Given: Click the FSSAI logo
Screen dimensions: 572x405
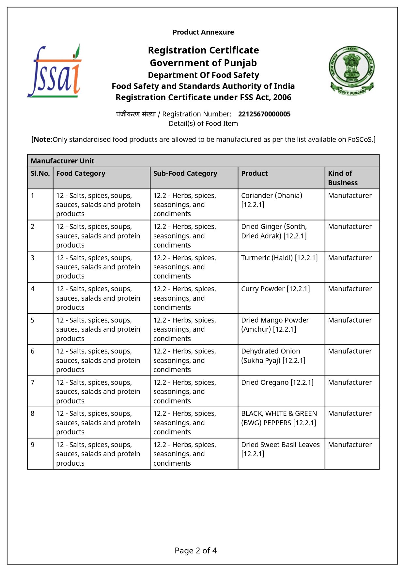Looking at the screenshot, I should [54, 71].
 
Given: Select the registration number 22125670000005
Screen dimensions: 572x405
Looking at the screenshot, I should [264, 114].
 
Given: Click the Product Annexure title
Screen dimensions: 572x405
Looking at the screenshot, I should [203, 32].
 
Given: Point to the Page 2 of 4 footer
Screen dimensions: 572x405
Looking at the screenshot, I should [195, 551].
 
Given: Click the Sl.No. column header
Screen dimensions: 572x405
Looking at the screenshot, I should [40, 173].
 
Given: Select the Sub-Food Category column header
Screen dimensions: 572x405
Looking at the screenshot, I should [185, 173].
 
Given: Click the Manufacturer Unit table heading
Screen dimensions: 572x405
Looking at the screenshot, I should [62, 161].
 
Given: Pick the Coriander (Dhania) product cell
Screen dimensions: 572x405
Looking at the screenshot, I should [272, 200].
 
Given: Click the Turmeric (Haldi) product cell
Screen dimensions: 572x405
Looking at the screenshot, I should [279, 258].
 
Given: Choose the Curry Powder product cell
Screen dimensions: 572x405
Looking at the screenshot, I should [275, 289].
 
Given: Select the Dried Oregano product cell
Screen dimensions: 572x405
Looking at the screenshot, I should [277, 383].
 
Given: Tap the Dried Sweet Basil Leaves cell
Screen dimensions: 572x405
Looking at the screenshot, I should [280, 449].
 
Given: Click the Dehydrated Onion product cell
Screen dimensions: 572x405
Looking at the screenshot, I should [273, 356].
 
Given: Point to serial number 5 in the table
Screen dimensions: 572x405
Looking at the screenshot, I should [33, 320].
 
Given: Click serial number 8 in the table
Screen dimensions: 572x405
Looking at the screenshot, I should [33, 414].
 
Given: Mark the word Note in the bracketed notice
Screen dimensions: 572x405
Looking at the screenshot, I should [42, 140].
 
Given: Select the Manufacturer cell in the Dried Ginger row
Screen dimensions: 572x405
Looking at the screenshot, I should [350, 227].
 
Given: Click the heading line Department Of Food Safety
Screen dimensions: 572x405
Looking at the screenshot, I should [203, 75].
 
